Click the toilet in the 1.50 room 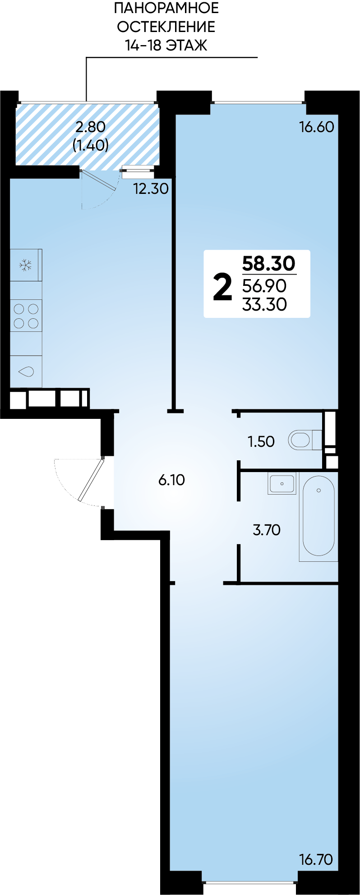(305, 440)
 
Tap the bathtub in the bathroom (318, 516)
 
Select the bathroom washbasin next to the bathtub (282, 483)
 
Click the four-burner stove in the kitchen (26, 316)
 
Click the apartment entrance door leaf (92, 480)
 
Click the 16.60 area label (317, 127)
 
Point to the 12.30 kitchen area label (151, 188)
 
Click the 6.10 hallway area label (171, 480)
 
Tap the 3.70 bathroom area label (267, 529)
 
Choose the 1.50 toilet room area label (261, 441)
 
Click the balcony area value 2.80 (91, 127)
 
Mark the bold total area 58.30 (269, 262)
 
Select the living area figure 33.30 (264, 304)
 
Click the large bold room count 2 (222, 287)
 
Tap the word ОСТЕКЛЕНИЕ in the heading (166, 27)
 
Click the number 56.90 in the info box (264, 285)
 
